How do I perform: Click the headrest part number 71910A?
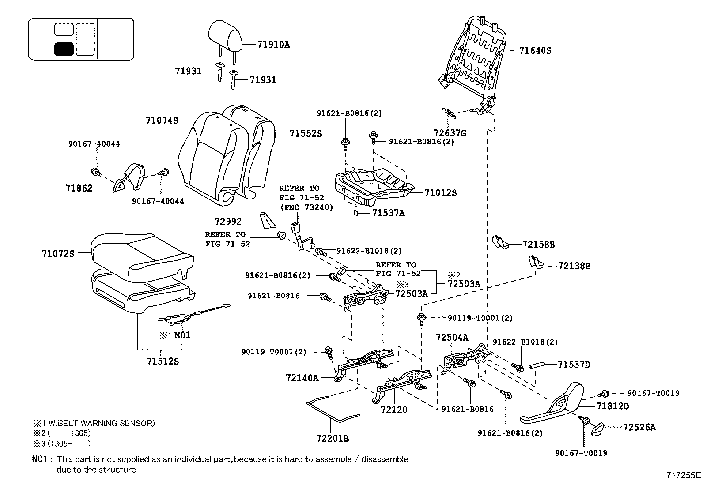click(273, 44)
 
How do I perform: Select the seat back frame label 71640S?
click(535, 50)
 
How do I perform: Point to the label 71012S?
click(440, 192)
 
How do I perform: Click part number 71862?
click(79, 188)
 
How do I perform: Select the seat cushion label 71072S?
click(58, 253)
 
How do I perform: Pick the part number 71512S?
click(163, 361)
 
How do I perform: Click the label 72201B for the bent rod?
click(333, 438)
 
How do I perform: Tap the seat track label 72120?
click(394, 410)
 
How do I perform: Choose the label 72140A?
click(302, 378)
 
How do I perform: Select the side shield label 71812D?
click(612, 406)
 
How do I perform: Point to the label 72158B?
click(538, 244)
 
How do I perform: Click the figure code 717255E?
click(683, 475)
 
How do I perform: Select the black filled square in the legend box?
click(64, 49)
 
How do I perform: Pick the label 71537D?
click(574, 365)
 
